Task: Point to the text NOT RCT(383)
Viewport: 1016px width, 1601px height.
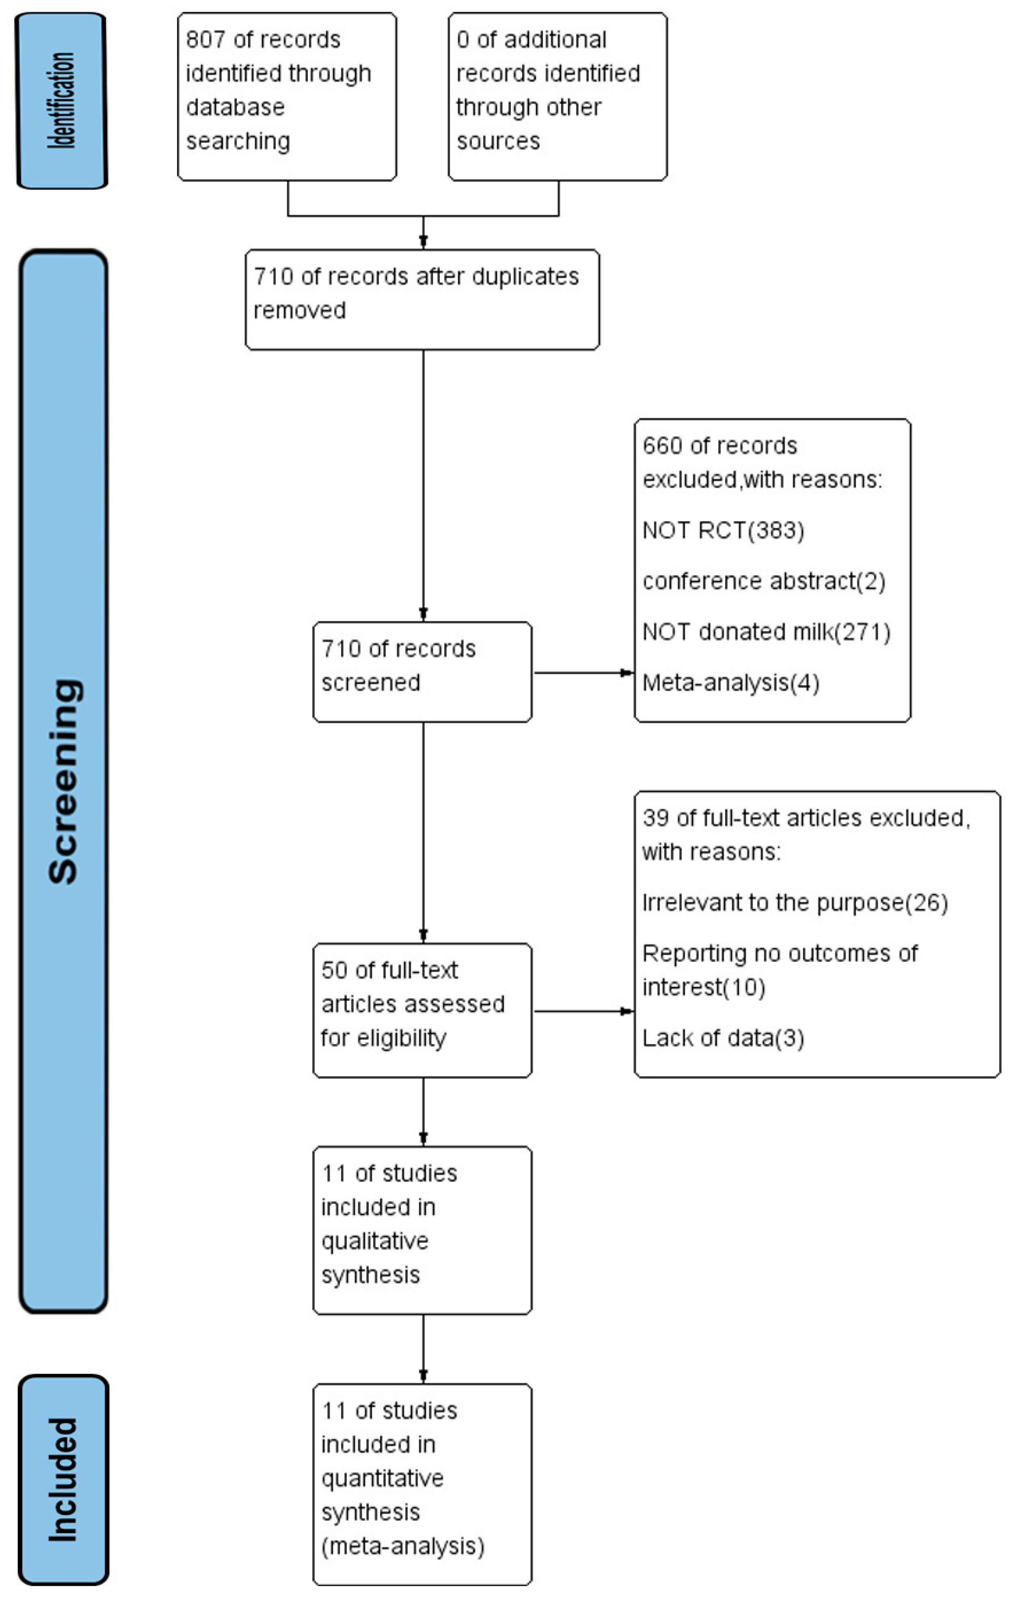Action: click(723, 530)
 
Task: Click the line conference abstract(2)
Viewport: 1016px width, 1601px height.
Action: click(763, 581)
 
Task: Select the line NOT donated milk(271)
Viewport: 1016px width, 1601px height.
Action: click(766, 632)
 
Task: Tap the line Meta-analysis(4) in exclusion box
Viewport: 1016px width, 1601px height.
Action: click(730, 683)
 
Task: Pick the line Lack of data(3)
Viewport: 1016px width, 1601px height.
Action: click(723, 1038)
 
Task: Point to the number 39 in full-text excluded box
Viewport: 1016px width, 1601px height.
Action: click(655, 818)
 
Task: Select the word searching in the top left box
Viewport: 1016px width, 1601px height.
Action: click(238, 141)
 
